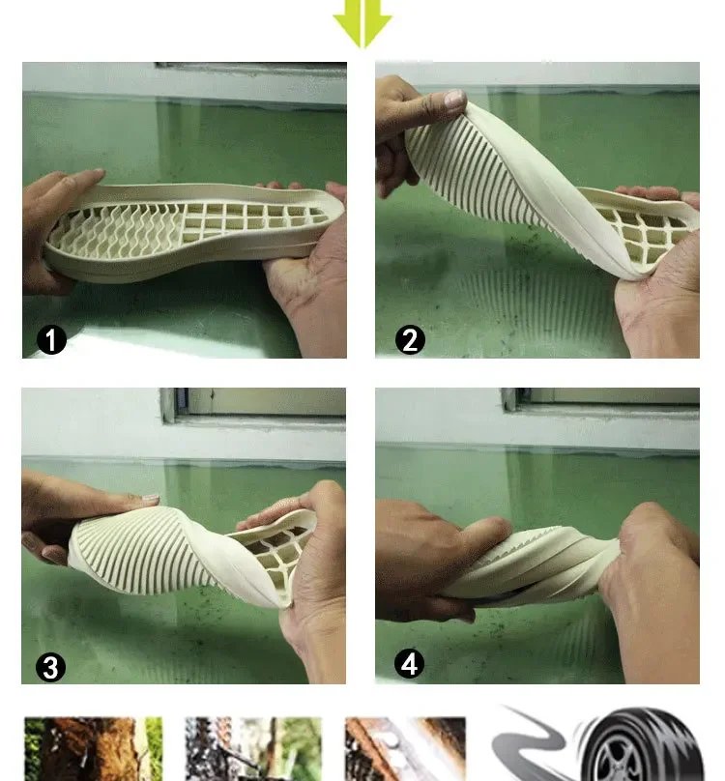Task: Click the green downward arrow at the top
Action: (362, 22)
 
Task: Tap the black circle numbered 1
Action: (51, 340)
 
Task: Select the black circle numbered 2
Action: (410, 340)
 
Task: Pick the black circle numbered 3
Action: (51, 668)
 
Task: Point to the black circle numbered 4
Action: (409, 664)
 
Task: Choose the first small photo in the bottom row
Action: (94, 749)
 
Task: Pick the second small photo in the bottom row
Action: (253, 749)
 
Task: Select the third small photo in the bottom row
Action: (406, 749)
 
